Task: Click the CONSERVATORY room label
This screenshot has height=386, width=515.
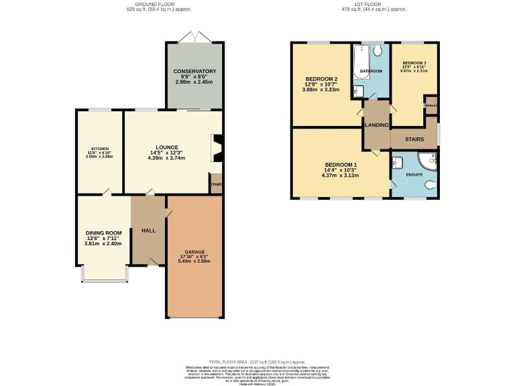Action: pos(194,71)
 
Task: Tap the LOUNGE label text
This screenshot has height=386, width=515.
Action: pos(167,147)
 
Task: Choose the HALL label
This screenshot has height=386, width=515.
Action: pos(148,231)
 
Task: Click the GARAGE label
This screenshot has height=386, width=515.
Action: pos(194,252)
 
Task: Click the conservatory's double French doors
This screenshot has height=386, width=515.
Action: pos(194,38)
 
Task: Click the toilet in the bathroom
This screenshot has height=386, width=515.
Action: pos(378,50)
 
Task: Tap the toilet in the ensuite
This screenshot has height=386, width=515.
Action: pos(430,186)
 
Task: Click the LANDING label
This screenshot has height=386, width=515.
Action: pos(376,125)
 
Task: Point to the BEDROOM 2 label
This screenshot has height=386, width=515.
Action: pos(321,79)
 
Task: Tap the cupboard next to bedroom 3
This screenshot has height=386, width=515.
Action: pos(430,106)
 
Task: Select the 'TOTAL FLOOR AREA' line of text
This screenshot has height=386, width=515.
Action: pos(257,361)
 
